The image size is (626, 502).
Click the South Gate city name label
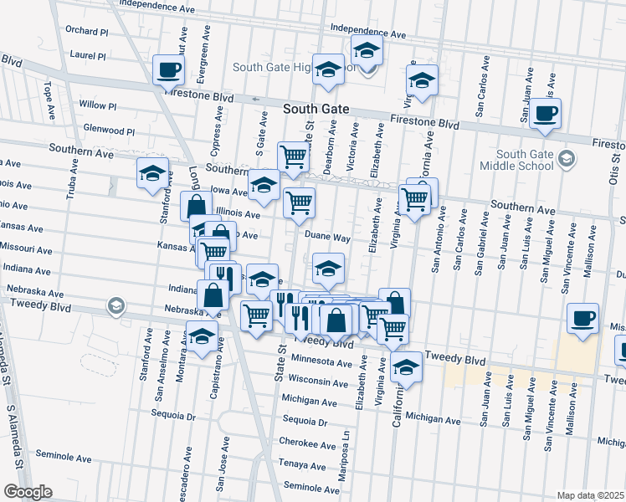[316, 110]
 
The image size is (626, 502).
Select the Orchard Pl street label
[88, 32]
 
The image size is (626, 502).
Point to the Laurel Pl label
[89, 57]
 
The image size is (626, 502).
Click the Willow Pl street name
[98, 105]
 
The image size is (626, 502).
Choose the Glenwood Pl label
[110, 131]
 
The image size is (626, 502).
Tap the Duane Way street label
[326, 238]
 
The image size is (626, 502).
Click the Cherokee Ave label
[307, 443]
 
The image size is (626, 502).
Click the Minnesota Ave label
[321, 363]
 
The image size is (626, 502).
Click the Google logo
[27, 492]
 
